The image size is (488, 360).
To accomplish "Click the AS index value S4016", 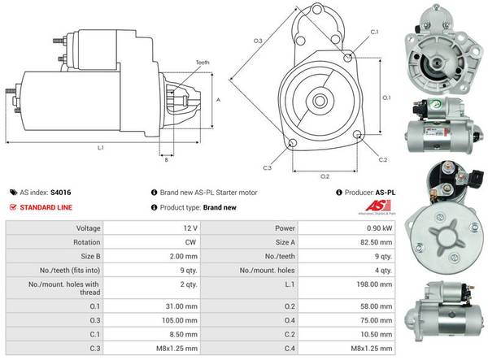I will pyautogui.click(x=60, y=193).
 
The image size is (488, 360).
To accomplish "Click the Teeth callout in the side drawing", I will pyautogui.click(x=203, y=63).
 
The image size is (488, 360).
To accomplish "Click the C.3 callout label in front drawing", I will pyautogui.click(x=267, y=167).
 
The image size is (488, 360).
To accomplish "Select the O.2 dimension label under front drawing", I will pyautogui.click(x=324, y=175).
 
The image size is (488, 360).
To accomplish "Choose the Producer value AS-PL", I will pyautogui.click(x=385, y=193).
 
